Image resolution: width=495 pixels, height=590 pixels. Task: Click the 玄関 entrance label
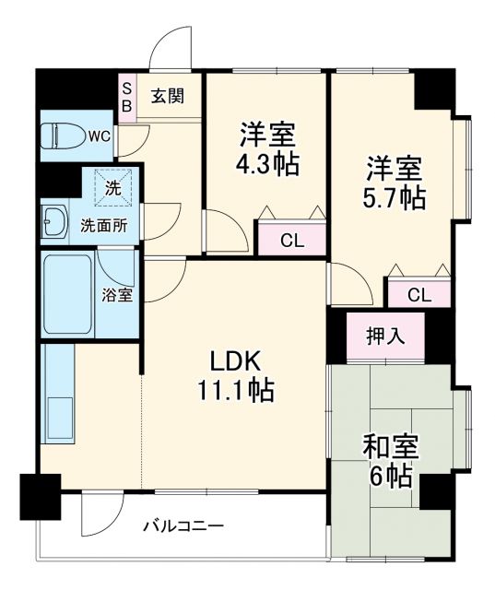coord(169,94)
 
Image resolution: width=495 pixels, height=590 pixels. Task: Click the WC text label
coord(99,136)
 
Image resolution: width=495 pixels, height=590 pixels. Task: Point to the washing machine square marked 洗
coord(112,187)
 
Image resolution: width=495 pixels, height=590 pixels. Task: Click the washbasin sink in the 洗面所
coord(53,220)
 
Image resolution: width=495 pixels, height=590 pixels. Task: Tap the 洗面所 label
coord(103,224)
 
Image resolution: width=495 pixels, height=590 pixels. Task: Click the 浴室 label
coord(116,296)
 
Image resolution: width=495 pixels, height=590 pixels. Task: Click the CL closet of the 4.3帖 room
coord(291,242)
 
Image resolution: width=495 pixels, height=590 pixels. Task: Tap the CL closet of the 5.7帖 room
coord(418,295)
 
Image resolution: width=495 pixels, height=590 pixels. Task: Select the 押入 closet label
coord(384,336)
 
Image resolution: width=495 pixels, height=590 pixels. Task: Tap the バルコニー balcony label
coord(183,526)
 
